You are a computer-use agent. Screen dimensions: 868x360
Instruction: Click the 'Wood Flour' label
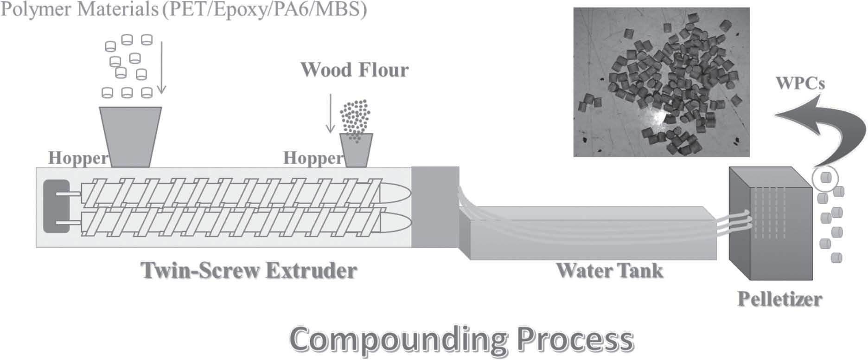click(x=355, y=70)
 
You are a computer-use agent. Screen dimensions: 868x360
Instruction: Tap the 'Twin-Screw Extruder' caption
click(x=249, y=270)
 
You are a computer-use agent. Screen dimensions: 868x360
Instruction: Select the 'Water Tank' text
click(x=610, y=270)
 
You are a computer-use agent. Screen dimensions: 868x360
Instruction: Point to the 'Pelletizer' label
click(x=780, y=298)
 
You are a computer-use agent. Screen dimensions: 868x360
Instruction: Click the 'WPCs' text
click(x=800, y=83)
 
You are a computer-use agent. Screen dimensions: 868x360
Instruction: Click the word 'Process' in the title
click(x=575, y=340)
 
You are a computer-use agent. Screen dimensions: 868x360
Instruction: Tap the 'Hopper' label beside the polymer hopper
click(x=78, y=158)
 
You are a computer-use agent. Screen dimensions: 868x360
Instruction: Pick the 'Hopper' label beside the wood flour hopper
click(x=313, y=158)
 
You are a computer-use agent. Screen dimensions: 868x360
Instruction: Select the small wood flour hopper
click(x=356, y=150)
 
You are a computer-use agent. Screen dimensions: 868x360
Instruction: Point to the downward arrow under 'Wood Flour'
click(x=330, y=114)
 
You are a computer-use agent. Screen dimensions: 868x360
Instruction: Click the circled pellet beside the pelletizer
click(x=825, y=178)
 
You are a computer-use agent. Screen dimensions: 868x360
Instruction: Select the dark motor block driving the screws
click(x=56, y=206)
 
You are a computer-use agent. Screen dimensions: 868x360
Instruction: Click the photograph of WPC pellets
click(x=662, y=82)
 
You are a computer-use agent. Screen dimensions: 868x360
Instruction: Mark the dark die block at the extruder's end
click(x=435, y=207)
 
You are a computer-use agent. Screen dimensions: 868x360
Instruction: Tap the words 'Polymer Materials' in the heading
click(x=79, y=10)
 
